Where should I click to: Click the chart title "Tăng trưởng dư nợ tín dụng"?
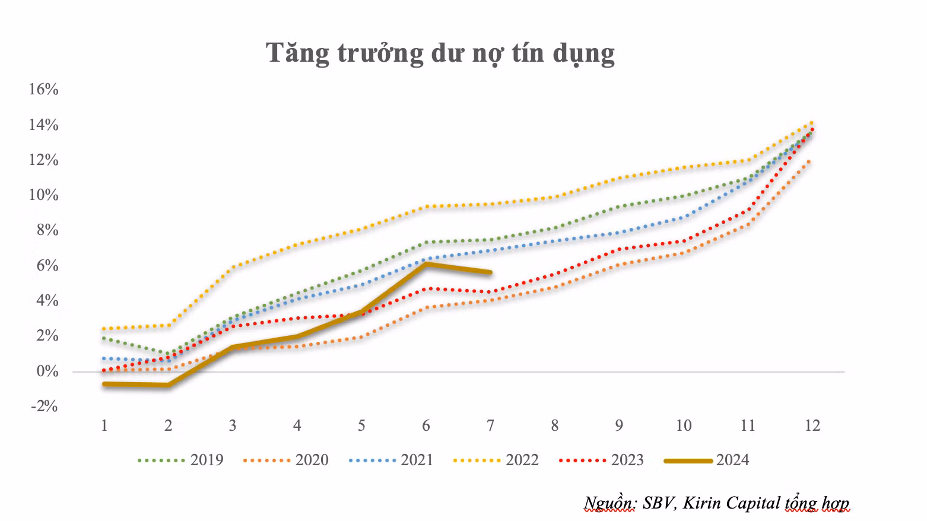tap(440, 53)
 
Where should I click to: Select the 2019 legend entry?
tap(180, 460)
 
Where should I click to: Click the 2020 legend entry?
tap(285, 460)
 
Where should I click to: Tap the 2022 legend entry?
tap(496, 460)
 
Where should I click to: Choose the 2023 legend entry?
tap(601, 460)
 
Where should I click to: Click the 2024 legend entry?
tap(706, 460)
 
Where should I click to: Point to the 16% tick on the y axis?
tap(43, 90)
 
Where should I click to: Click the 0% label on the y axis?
tap(47, 371)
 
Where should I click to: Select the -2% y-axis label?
tap(45, 406)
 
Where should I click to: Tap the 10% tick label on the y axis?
tap(43, 195)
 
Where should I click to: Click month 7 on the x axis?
tap(490, 425)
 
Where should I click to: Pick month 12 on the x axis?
tap(812, 425)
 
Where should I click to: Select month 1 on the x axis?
tap(104, 425)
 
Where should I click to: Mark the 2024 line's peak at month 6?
tap(426, 263)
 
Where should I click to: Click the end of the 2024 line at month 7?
tap(490, 272)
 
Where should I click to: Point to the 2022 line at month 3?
tap(233, 267)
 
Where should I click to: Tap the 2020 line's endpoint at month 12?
tap(811, 161)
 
